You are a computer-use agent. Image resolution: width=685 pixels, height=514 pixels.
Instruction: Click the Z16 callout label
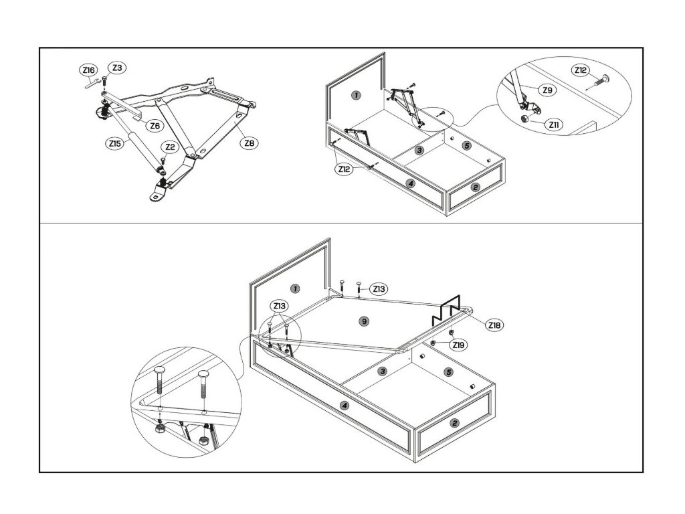click(x=88, y=70)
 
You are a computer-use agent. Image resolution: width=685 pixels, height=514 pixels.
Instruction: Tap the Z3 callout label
click(x=116, y=68)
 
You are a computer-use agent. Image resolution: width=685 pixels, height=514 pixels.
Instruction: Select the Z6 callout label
click(x=154, y=125)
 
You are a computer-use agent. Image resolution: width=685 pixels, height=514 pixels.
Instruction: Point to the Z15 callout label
click(x=114, y=143)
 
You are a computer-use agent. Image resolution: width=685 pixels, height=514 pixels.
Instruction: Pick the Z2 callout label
click(x=170, y=147)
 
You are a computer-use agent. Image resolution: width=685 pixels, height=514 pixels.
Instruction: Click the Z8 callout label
click(x=250, y=143)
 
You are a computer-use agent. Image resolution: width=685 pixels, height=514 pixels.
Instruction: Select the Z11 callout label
click(x=553, y=124)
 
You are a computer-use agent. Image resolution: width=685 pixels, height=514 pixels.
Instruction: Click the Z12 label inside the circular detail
click(x=581, y=70)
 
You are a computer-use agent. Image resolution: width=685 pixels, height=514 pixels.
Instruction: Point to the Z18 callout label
click(x=494, y=325)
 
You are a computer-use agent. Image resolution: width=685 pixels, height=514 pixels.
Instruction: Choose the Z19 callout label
click(x=459, y=345)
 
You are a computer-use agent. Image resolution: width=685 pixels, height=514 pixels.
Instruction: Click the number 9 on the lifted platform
click(x=363, y=321)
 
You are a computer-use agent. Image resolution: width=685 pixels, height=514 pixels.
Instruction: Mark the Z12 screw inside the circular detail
click(x=600, y=81)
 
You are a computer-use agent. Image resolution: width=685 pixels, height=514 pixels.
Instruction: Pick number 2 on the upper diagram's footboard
click(x=475, y=187)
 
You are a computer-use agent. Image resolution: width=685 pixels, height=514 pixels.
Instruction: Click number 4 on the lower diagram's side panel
click(x=345, y=405)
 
